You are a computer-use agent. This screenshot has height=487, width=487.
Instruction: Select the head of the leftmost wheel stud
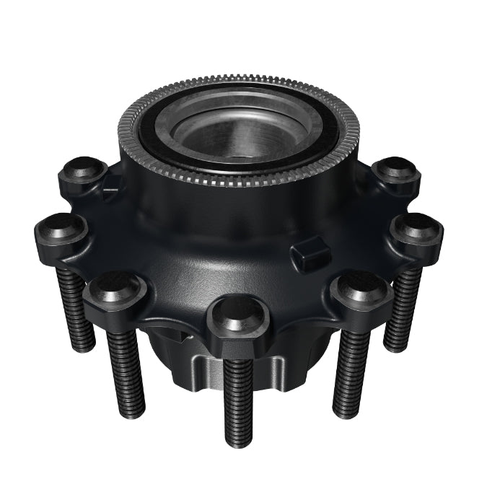61,230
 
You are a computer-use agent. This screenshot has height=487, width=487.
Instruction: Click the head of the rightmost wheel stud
416,232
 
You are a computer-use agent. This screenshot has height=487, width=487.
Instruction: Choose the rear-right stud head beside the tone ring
396,172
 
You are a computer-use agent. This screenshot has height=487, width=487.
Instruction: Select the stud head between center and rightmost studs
361,288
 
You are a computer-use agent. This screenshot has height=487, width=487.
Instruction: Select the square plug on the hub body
310,256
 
